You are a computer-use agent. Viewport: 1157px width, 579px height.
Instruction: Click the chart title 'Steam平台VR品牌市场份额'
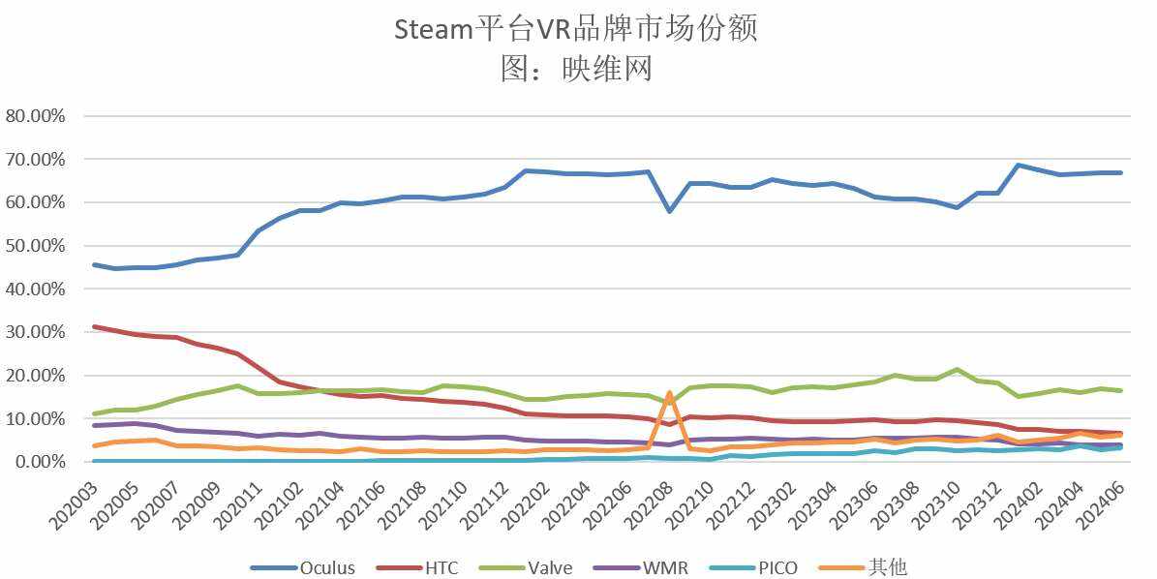(x=575, y=29)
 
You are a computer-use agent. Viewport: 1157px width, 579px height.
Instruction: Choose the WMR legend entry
(x=665, y=567)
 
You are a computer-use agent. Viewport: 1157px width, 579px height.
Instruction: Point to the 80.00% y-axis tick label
(x=36, y=115)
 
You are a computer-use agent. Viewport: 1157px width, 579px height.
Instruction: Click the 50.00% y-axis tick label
(x=36, y=245)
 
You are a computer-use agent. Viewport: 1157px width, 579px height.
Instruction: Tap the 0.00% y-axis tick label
(x=40, y=462)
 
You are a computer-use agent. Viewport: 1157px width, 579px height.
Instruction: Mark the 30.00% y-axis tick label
(x=36, y=332)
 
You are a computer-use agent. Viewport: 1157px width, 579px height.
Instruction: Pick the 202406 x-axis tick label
(x=1104, y=503)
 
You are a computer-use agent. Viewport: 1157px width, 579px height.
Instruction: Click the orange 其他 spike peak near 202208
(x=669, y=393)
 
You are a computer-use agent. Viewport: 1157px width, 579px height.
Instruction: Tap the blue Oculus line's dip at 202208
(x=670, y=210)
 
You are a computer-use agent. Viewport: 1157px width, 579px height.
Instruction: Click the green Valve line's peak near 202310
(x=957, y=370)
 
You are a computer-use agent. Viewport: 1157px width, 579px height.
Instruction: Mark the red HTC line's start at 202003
(x=93, y=326)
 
